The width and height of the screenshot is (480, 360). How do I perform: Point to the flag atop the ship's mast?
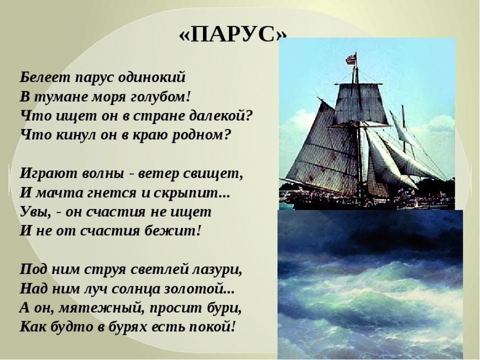pos(351,59)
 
